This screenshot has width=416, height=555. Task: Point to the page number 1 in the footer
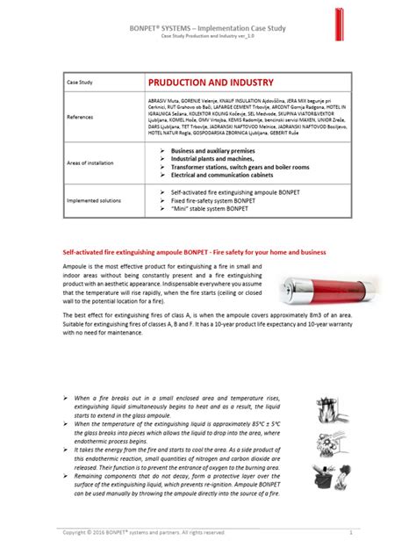350,532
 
